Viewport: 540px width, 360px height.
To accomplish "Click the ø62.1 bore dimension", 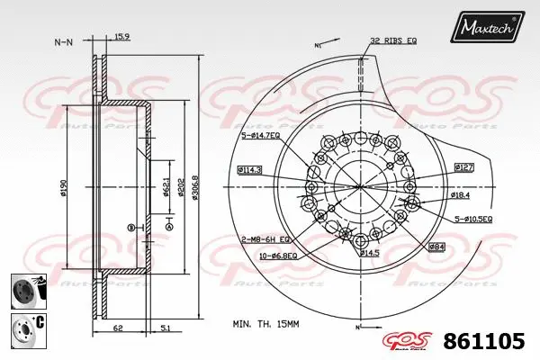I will click(166, 186).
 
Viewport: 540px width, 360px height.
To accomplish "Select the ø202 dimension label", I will click(181, 186).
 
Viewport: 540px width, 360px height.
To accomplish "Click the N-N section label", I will click(64, 41).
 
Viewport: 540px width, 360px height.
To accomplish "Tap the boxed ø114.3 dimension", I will click(249, 169).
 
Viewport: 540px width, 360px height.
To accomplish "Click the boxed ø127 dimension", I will click(463, 167).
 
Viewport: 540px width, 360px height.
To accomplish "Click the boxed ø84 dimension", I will click(436, 246).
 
